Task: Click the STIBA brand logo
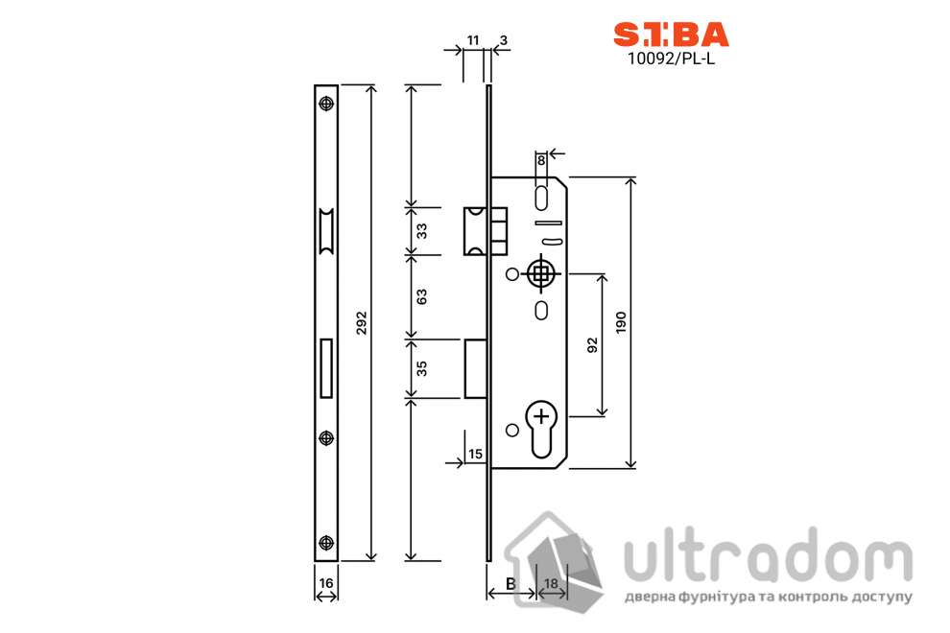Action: click(x=671, y=35)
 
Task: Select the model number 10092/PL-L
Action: click(x=671, y=57)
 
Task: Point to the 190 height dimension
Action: click(x=621, y=323)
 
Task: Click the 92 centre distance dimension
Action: click(x=591, y=344)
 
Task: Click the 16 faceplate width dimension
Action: click(x=326, y=583)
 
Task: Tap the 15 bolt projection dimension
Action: click(x=475, y=454)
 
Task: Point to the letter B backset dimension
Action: click(x=511, y=583)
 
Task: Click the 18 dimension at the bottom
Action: click(x=552, y=583)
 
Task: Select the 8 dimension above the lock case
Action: click(x=541, y=160)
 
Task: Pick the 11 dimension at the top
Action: click(x=471, y=39)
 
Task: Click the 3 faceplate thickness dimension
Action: click(x=504, y=39)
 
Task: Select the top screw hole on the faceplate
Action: click(x=326, y=105)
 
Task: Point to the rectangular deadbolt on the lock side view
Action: click(x=475, y=367)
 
